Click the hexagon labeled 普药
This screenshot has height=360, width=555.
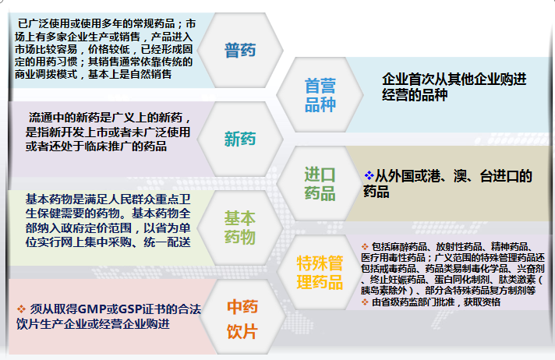pyautogui.click(x=239, y=51)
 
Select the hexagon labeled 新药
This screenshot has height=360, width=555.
pyautogui.click(x=239, y=139)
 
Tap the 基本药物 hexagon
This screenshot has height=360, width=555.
pyautogui.click(x=240, y=227)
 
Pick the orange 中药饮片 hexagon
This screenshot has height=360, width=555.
pyautogui.click(x=242, y=318)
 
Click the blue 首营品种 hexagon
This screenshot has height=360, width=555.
pyautogui.click(x=320, y=95)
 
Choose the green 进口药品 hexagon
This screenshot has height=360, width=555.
pyautogui.click(x=320, y=183)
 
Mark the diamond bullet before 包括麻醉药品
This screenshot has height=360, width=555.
pyautogui.click(x=366, y=246)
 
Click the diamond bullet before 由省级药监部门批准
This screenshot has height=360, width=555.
pyautogui.click(x=366, y=301)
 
